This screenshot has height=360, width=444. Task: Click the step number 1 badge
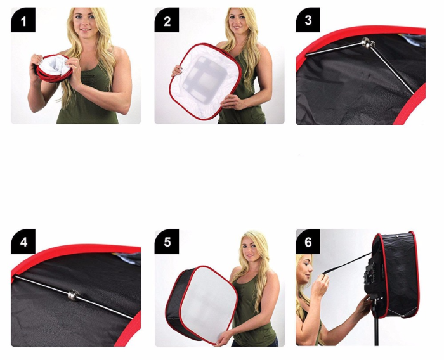[x=23, y=22]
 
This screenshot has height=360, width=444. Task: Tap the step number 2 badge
[x=167, y=22]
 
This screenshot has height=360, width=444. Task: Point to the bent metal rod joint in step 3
[x=367, y=44]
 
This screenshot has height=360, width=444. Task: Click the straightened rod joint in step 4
[x=74, y=294]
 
